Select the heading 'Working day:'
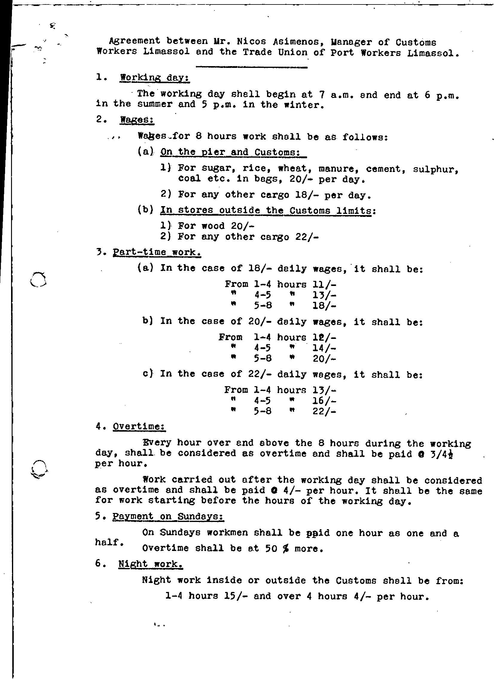[154, 77]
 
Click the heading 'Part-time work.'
[156, 252]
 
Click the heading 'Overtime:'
[139, 427]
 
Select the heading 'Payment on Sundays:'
[168, 517]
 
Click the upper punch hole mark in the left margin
[38, 280]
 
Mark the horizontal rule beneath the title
[251, 67]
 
